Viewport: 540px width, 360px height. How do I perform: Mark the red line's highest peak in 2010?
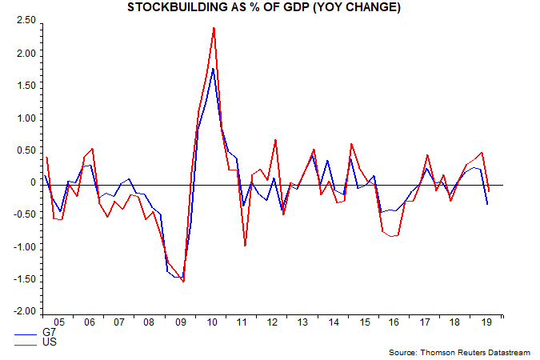pos(214,28)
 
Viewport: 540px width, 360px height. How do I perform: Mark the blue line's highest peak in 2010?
pos(213,69)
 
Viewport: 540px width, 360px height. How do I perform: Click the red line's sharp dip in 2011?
pos(245,246)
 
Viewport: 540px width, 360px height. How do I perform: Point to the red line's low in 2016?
pos(391,237)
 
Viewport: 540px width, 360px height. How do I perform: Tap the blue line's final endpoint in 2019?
pos(488,204)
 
